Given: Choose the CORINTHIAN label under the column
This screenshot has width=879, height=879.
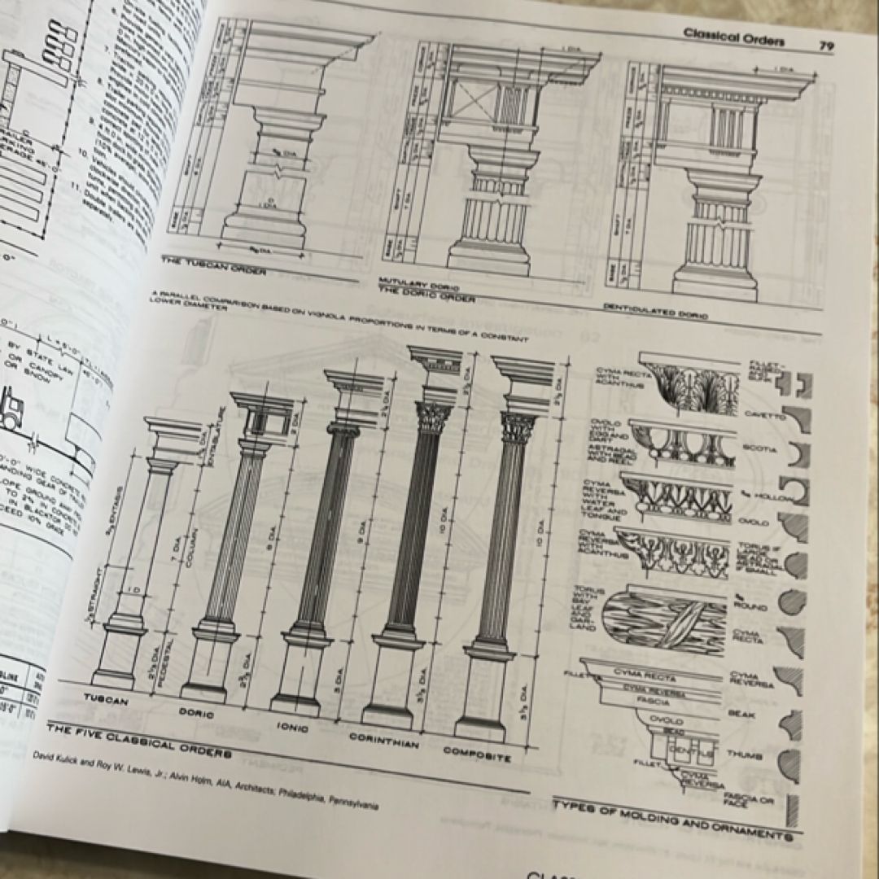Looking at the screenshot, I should click(x=384, y=742).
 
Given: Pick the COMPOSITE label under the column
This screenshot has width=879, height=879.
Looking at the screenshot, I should click(x=477, y=754).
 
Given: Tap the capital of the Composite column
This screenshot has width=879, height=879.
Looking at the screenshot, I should click(x=518, y=427).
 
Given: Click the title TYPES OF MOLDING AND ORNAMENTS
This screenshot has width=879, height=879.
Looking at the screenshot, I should click(x=672, y=820).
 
